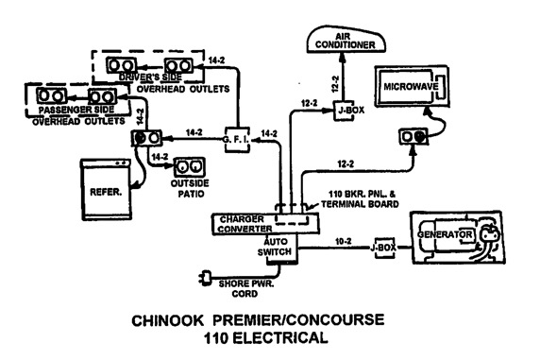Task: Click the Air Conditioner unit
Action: pyautogui.click(x=346, y=40)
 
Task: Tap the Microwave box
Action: pyautogui.click(x=412, y=86)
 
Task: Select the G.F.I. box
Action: pyautogui.click(x=237, y=140)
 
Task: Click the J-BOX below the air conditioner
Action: pyautogui.click(x=344, y=111)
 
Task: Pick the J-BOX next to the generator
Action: pyautogui.click(x=384, y=248)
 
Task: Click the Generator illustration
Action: pyautogui.click(x=457, y=237)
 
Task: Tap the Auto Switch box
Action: pyautogui.click(x=281, y=249)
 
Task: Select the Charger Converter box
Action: pyautogui.click(x=265, y=224)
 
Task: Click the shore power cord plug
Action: pyautogui.click(x=206, y=277)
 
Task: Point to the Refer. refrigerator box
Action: pyautogui.click(x=106, y=189)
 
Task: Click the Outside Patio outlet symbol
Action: pyautogui.click(x=189, y=167)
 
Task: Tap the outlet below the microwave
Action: pyautogui.click(x=413, y=137)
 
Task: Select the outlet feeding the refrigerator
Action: pyautogui.click(x=146, y=138)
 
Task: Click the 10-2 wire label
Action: pyautogui.click(x=344, y=241)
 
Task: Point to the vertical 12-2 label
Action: pyautogui.click(x=335, y=84)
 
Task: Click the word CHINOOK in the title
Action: pyautogui.click(x=168, y=320)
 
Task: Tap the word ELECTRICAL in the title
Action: pyautogui.click(x=280, y=337)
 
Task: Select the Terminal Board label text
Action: pyautogui.click(x=360, y=204)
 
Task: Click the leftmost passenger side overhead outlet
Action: pyautogui.click(x=51, y=95)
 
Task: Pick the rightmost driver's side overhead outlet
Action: pyautogui.click(x=178, y=65)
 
